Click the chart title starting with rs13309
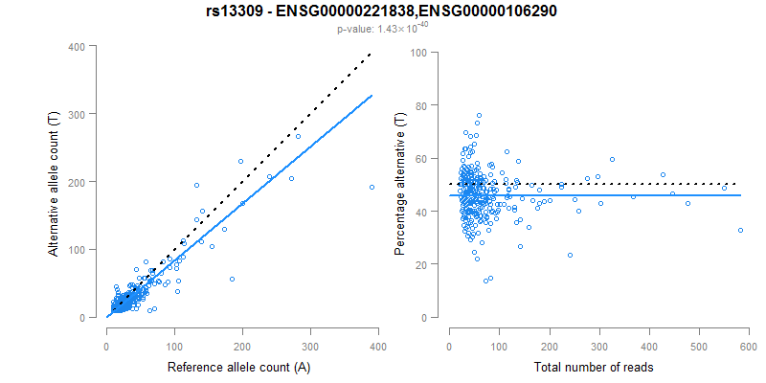pos(382,11)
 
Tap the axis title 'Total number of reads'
pos(598,367)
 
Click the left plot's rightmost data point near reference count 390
pos(372,188)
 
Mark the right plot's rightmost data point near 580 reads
pos(740,231)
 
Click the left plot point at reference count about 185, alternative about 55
pos(232,279)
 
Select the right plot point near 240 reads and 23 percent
pos(570,256)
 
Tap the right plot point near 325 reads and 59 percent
pos(612,159)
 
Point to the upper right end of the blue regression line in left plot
pos(372,96)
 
